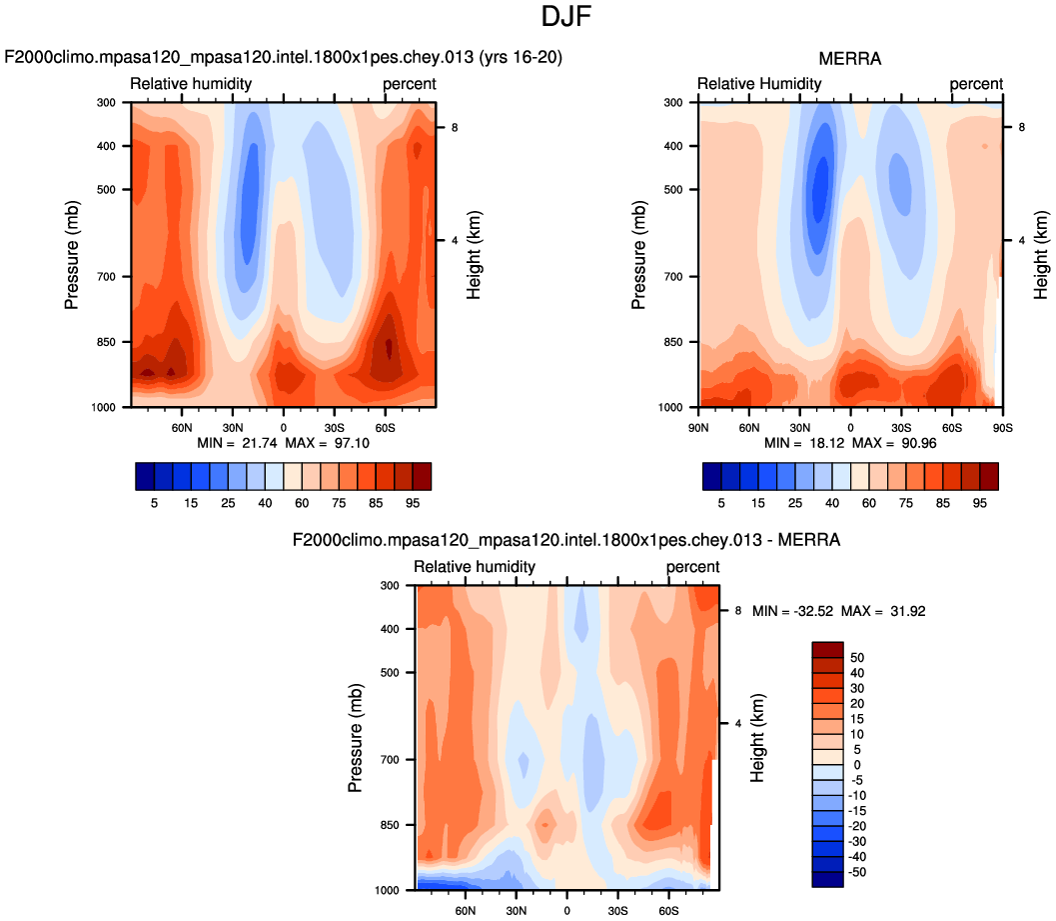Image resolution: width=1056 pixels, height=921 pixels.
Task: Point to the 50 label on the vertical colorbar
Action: [x=858, y=658]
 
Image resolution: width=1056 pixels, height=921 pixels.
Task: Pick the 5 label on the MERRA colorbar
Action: [x=721, y=504]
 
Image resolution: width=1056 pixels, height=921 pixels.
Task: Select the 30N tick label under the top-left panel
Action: [x=232, y=425]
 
